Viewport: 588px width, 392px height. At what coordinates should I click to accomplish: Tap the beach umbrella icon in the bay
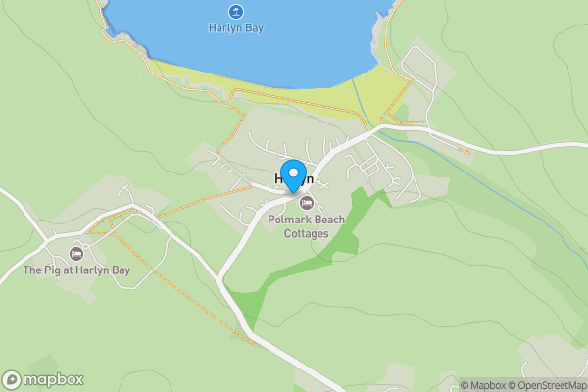[x=236, y=12]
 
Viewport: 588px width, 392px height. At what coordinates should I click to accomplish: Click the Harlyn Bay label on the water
[x=236, y=28]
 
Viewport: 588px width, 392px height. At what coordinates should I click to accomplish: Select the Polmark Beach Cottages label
[x=307, y=226]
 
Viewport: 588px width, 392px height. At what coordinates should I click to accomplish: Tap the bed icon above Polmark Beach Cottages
[x=307, y=203]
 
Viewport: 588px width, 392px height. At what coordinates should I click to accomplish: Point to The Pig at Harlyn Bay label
[x=77, y=269]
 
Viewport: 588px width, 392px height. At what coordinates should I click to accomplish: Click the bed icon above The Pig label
[x=76, y=254]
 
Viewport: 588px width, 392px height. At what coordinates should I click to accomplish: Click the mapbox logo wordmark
[x=54, y=380]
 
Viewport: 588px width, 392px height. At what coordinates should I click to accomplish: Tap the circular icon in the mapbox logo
[x=12, y=380]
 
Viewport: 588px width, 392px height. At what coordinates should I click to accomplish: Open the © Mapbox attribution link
[x=483, y=385]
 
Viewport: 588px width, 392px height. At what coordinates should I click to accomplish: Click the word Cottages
[x=307, y=233]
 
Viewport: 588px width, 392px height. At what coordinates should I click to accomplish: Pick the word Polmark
[x=286, y=220]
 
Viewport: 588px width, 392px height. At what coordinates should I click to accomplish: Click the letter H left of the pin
[x=280, y=180]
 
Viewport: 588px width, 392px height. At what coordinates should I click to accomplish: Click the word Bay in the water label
[x=253, y=28]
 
